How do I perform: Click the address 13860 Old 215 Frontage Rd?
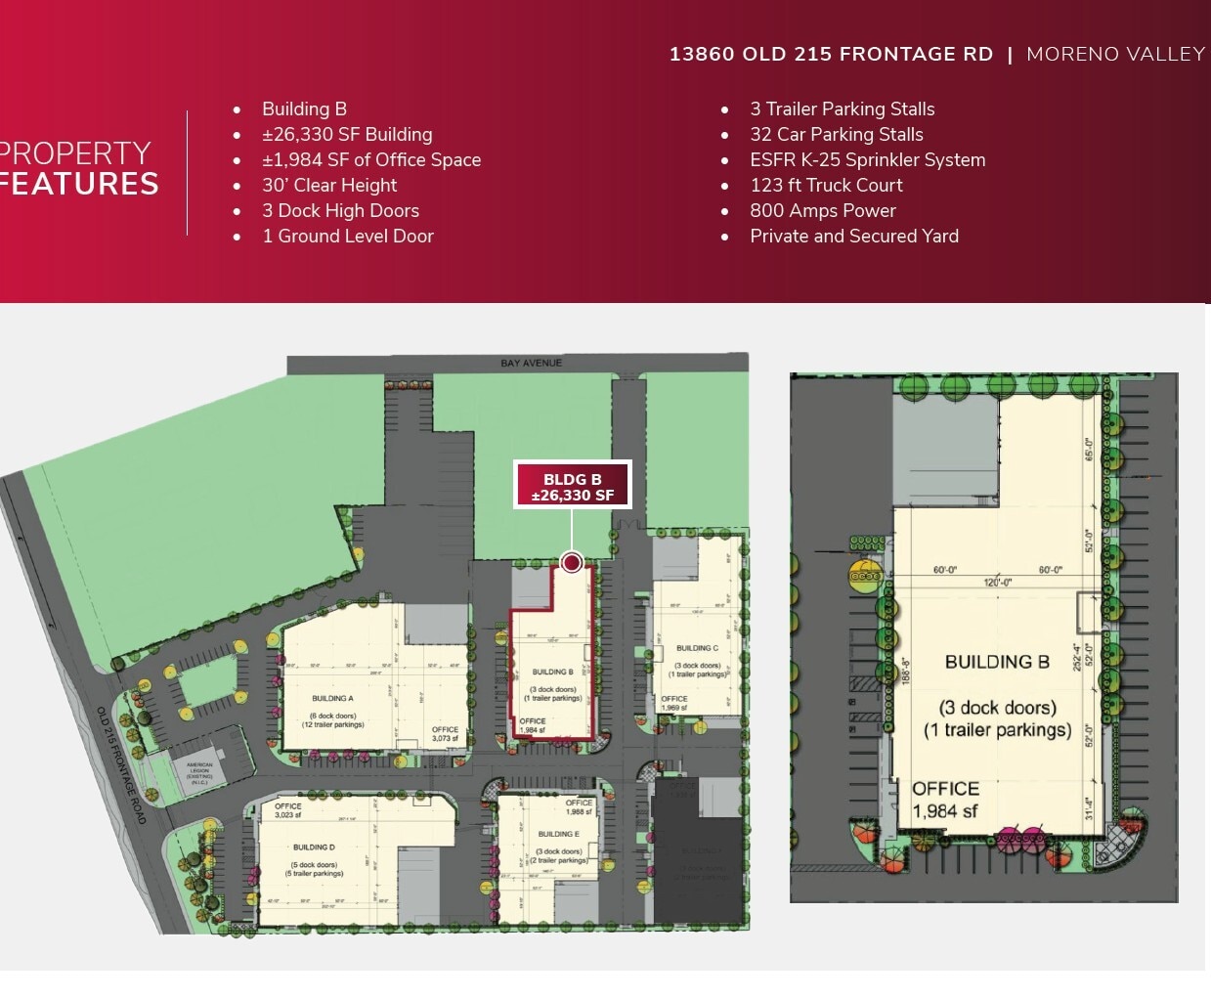click(x=831, y=55)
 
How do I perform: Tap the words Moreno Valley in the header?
click(x=1115, y=55)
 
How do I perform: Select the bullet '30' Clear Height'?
click(x=329, y=186)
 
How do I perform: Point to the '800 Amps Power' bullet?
click(x=822, y=211)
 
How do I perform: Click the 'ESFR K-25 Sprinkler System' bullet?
click(x=867, y=160)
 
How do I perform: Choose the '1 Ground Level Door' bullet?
click(x=347, y=237)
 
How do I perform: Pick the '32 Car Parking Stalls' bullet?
click(x=836, y=135)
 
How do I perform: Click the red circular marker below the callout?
click(x=573, y=562)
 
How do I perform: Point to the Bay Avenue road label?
click(x=531, y=364)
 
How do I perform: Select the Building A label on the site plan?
click(x=332, y=699)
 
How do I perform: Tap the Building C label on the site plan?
click(x=697, y=648)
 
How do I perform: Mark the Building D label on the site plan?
click(x=314, y=847)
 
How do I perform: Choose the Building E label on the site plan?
click(x=558, y=835)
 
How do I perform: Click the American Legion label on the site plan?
click(x=199, y=772)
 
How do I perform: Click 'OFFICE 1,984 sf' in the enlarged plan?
click(x=945, y=800)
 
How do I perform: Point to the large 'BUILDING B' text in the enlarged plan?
click(x=997, y=662)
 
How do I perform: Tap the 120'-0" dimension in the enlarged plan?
click(x=997, y=583)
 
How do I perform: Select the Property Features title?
click(x=78, y=169)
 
